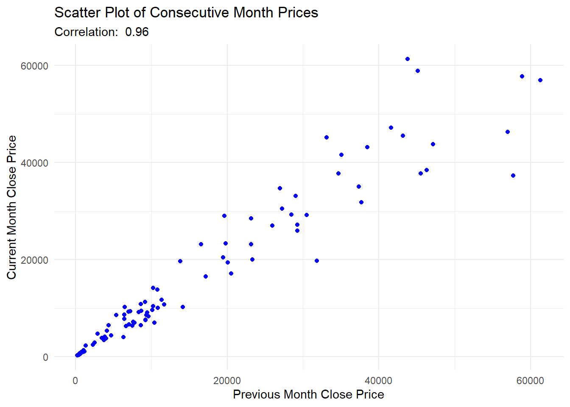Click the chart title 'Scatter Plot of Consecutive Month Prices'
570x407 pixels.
[186, 13]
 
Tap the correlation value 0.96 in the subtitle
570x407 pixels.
[137, 32]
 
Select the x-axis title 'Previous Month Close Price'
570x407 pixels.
[308, 394]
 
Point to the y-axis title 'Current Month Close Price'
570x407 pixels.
[11, 207]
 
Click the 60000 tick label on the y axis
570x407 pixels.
[34, 66]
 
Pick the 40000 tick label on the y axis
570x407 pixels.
[34, 163]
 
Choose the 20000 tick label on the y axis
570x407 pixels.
[34, 260]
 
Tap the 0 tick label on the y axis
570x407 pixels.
[45, 357]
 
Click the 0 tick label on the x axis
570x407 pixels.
[75, 380]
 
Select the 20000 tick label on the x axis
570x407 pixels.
[227, 380]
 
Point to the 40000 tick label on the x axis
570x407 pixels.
[379, 380]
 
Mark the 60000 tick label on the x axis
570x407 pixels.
[530, 380]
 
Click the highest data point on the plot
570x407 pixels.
[408, 59]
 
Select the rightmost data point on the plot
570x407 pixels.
[540, 80]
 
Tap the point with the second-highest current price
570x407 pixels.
[418, 71]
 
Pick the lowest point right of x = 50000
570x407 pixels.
[513, 176]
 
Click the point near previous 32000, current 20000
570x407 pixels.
[317, 261]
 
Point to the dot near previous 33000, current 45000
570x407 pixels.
[327, 137]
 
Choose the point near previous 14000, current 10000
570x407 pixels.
[183, 307]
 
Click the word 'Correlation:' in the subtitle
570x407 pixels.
[86, 32]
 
